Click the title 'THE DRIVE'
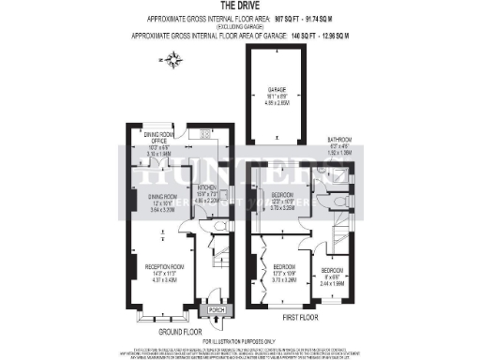240,6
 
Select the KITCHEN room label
205,166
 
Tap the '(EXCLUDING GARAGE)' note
239,26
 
